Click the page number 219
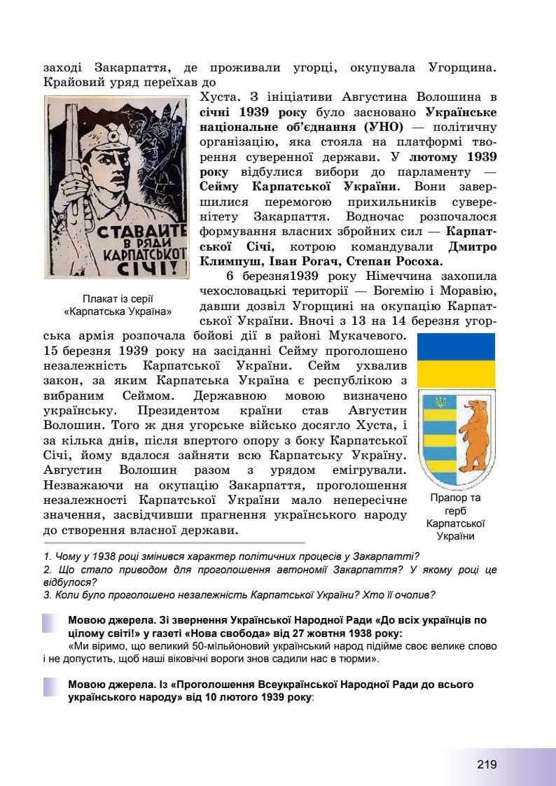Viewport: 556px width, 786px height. tap(487, 764)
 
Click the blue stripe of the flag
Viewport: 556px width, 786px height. tap(456, 346)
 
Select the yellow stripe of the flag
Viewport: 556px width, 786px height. tap(456, 372)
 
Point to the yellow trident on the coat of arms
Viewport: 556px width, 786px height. tap(440, 402)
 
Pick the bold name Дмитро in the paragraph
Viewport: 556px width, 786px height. tap(471, 247)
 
